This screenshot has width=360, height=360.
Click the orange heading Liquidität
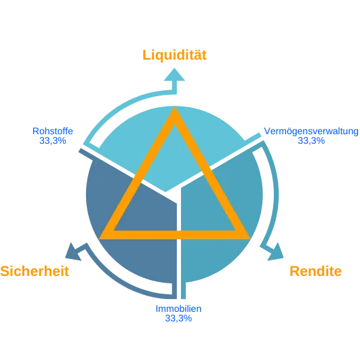[174, 55]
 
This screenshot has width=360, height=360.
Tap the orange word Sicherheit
[35, 271]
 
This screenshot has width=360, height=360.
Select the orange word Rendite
[315, 271]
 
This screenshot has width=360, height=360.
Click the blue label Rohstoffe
[53, 131]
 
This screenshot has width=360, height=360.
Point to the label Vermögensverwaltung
[311, 132]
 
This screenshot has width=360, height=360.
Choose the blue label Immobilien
[178, 308]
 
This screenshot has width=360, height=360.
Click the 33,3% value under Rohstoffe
[53, 140]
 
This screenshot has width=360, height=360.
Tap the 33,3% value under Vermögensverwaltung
[311, 140]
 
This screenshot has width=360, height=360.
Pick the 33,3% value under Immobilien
[178, 318]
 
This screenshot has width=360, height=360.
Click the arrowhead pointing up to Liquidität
[174, 75]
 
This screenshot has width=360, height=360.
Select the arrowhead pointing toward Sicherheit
[73, 253]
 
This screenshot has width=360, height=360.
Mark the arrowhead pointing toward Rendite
[277, 253]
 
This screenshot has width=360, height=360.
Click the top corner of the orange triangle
[175, 107]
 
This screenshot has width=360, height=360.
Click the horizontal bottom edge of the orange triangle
[174, 235]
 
